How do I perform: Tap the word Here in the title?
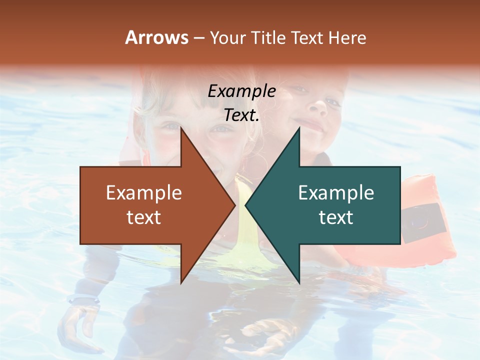pos(346,37)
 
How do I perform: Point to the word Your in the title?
pos(227,38)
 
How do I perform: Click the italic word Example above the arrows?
pos(241,91)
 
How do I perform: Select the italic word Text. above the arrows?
pos(241,115)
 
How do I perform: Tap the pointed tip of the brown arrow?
pos(234,205)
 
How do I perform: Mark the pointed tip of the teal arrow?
pos(246,205)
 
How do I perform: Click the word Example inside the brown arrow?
pos(144,193)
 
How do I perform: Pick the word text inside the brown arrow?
pos(144,217)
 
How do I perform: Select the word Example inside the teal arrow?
pos(336,193)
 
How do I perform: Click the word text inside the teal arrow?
pos(336,217)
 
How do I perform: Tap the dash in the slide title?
pos(198,38)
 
